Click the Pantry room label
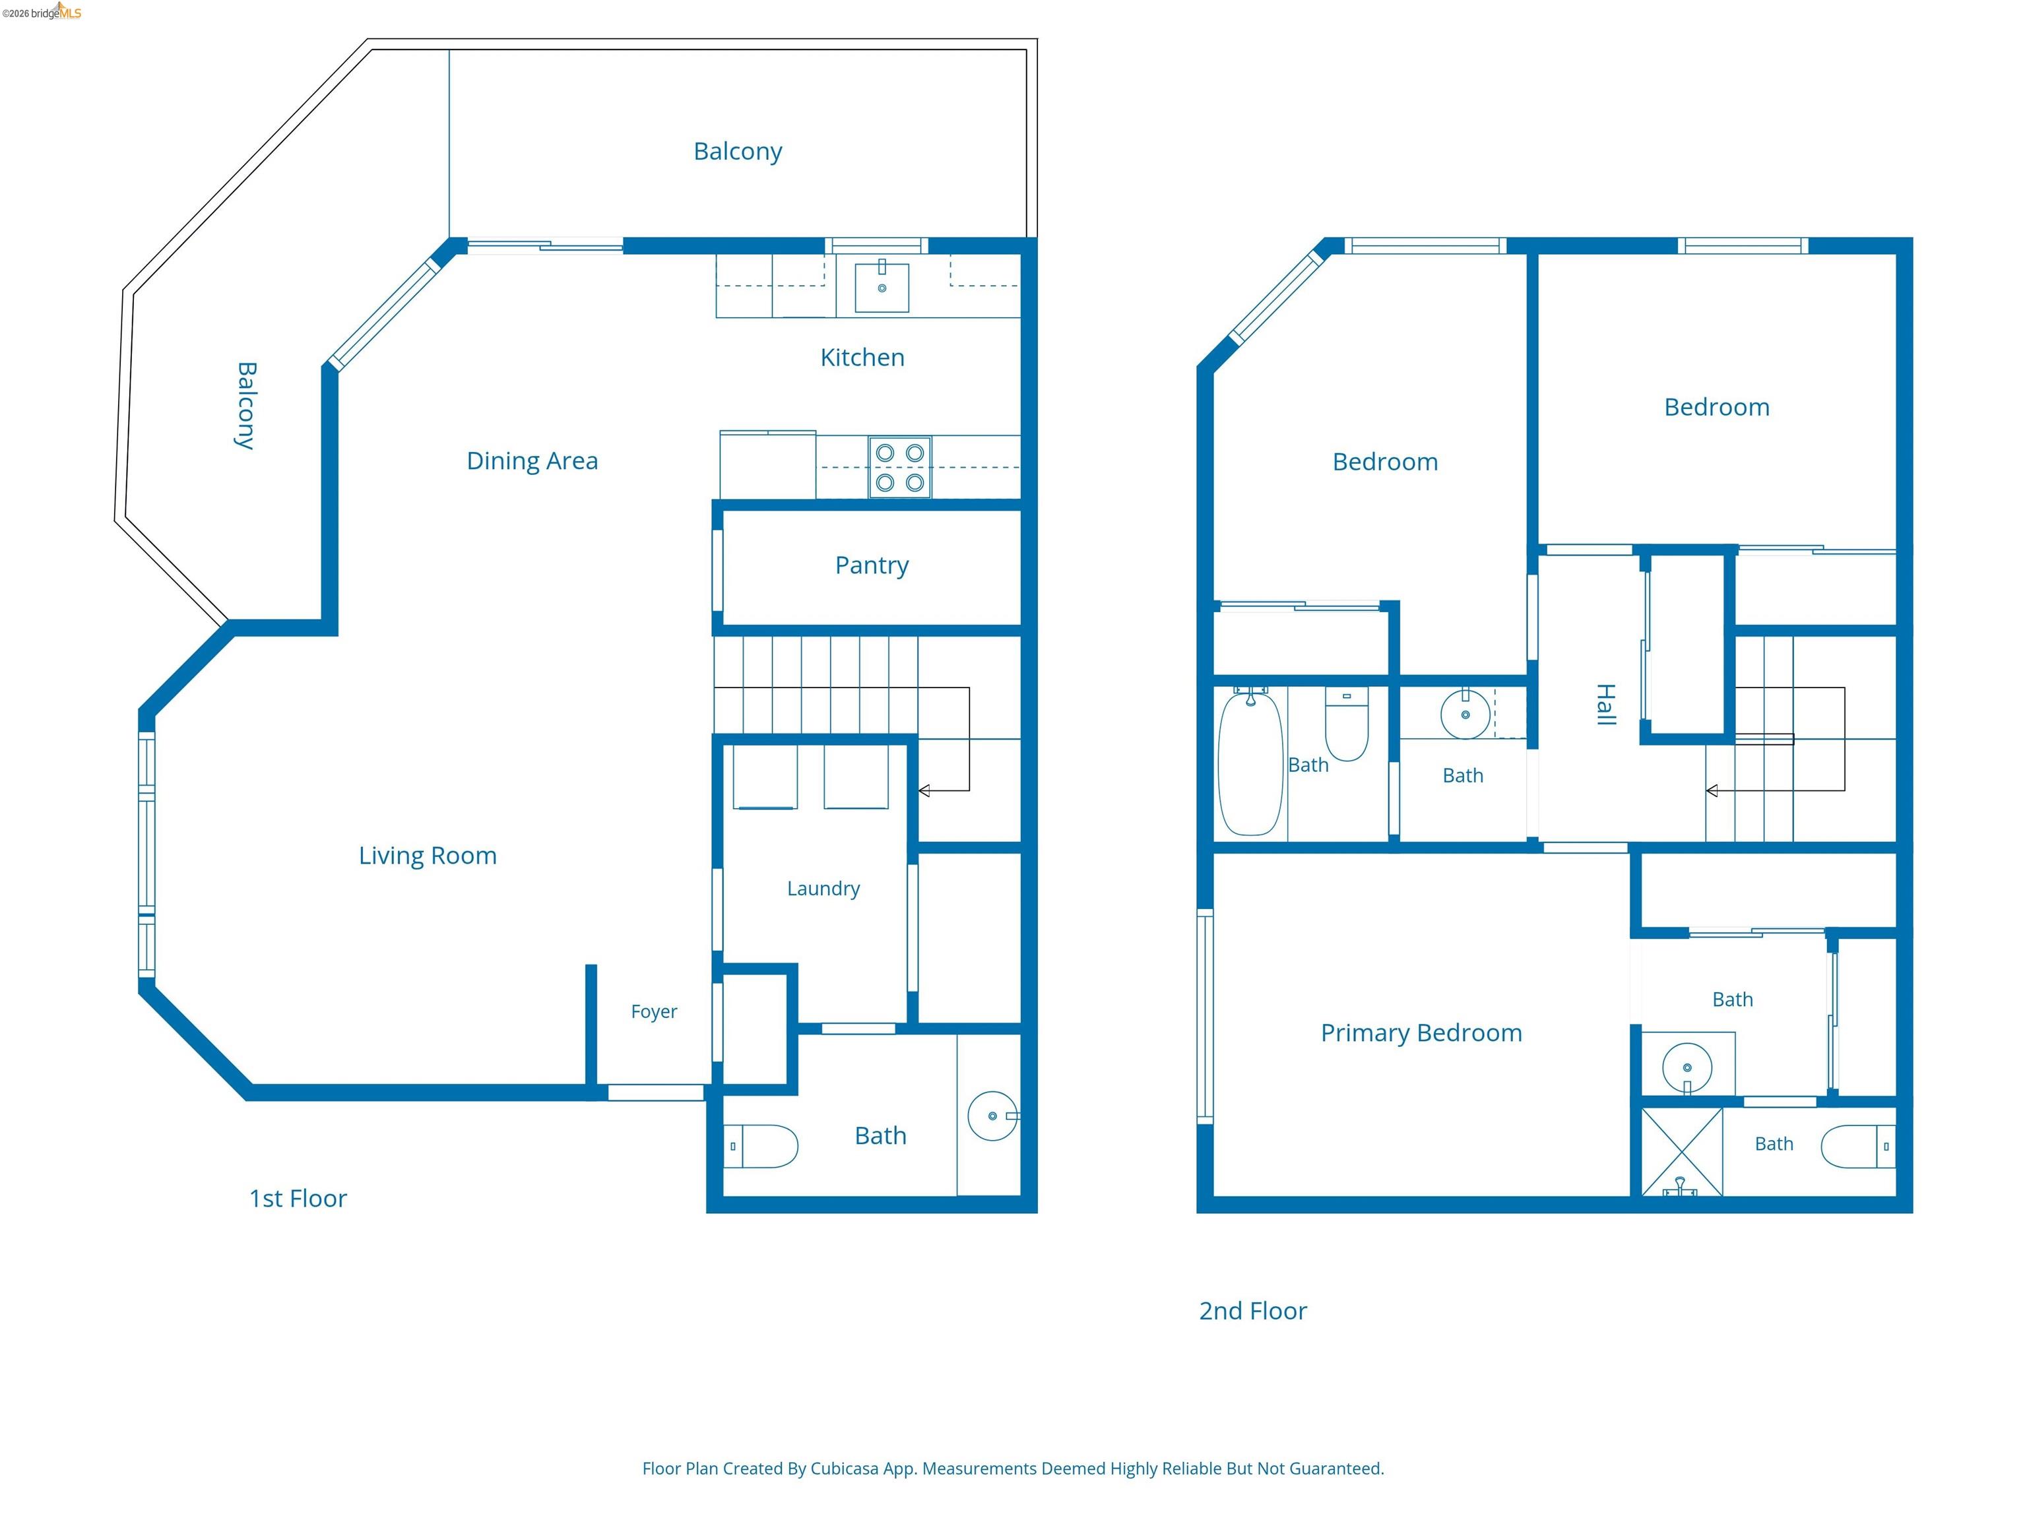pos(872,565)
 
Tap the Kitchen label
pos(862,358)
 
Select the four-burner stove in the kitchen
pos(900,467)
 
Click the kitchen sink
pos(882,287)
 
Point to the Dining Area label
pos(532,461)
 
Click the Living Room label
pos(428,856)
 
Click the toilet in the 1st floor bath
pos(761,1146)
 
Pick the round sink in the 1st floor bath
pos(993,1116)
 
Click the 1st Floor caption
pos(298,1199)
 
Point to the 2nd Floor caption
pos(1252,1311)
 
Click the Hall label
pos(1605,705)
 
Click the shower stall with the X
pos(1681,1152)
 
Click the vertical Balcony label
pos(245,406)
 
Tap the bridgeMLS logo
pos(42,12)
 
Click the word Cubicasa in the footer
pos(844,1469)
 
